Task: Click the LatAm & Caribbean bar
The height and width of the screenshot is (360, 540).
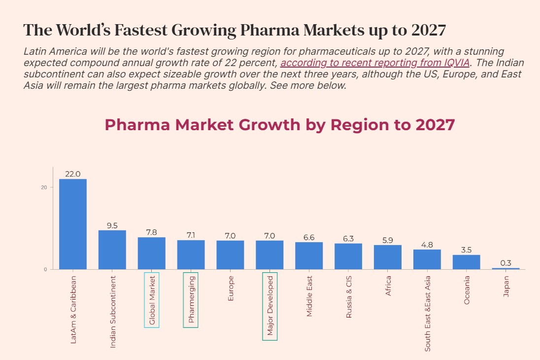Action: (73, 224)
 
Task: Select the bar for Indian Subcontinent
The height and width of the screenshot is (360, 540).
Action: (112, 250)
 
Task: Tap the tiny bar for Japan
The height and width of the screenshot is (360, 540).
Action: (506, 268)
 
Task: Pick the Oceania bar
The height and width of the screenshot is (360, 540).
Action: (466, 262)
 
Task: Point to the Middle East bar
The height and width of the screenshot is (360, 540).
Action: (309, 256)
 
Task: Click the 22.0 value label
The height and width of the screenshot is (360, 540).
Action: (73, 174)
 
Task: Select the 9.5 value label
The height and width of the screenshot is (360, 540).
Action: (112, 225)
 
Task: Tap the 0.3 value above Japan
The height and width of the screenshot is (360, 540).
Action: (506, 263)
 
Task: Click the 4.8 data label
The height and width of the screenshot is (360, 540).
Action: (427, 245)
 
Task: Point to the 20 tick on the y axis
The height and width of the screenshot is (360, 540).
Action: (44, 187)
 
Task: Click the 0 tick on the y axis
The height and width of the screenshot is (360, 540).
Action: (45, 269)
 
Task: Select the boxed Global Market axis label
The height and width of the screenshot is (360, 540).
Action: (152, 300)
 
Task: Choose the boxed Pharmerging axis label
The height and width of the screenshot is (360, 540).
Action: (191, 300)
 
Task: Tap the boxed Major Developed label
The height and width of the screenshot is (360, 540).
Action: (270, 306)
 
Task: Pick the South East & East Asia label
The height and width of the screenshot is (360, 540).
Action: (427, 313)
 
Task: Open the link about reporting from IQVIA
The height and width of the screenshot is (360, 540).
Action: (374, 63)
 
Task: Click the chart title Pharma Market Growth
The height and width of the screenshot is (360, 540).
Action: (279, 124)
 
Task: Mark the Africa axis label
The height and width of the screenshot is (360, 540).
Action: (388, 286)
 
